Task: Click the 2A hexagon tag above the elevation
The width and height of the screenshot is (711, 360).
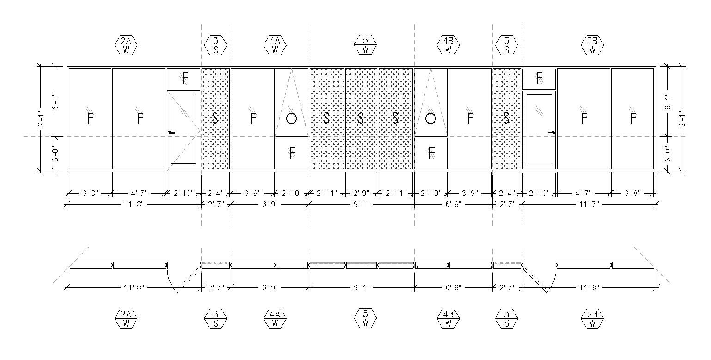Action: click(126, 45)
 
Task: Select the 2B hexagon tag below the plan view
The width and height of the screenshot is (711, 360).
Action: click(592, 319)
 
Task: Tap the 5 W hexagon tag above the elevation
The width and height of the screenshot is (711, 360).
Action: click(365, 45)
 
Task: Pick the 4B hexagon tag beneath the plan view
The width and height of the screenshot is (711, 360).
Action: click(447, 319)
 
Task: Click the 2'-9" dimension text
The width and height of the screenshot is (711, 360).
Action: click(361, 193)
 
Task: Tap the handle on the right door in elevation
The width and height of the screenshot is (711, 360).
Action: click(551, 133)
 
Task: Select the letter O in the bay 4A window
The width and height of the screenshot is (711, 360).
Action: click(291, 119)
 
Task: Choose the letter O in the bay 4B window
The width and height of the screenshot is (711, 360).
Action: click(430, 119)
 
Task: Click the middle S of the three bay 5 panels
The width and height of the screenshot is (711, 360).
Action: click(361, 119)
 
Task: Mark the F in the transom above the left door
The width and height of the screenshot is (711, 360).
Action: click(185, 78)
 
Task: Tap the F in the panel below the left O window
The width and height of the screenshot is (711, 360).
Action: click(292, 153)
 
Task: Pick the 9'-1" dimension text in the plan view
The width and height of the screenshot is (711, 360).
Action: click(361, 287)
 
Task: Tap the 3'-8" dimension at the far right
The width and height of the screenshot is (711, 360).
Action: click(632, 193)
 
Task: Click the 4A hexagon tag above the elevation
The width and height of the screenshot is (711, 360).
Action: click(275, 45)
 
